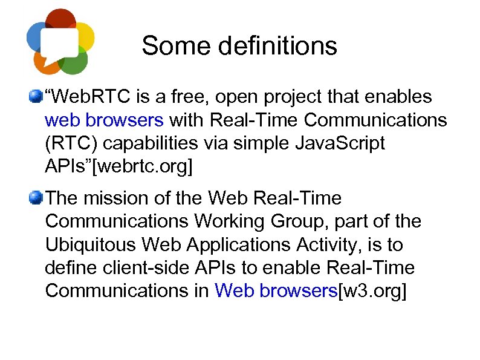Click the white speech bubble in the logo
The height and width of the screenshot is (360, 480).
(x=60, y=42)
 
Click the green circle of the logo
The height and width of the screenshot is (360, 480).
(x=76, y=61)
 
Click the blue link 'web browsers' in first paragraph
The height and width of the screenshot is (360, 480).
(x=104, y=120)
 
